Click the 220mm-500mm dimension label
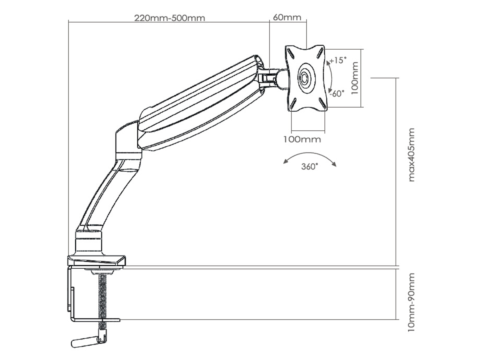pos(170,18)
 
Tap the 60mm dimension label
pos(287,17)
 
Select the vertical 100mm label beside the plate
pos(355,78)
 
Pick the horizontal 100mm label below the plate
pos(302,140)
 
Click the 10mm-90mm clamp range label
pos(411,302)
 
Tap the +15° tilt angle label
pos(338,60)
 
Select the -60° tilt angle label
pos(337,94)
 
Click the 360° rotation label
pos(310,167)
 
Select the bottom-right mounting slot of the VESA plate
pos(322,102)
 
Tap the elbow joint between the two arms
pos(128,142)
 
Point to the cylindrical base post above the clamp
pos(89,243)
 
